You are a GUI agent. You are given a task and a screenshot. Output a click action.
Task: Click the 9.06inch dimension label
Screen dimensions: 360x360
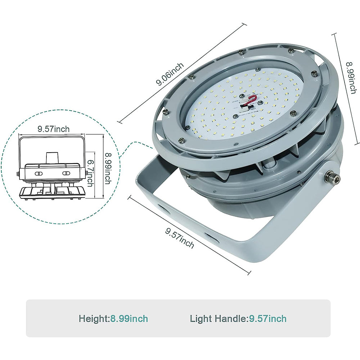tap(170, 74)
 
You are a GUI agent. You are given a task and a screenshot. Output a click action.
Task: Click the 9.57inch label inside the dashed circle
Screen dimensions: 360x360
tap(54, 129)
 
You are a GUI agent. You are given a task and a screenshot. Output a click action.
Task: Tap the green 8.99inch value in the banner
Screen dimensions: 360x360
tap(129, 319)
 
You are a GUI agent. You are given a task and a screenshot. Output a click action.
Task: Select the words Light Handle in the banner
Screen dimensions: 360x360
tap(218, 319)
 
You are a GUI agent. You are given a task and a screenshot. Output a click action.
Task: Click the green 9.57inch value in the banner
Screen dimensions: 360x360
tap(268, 319)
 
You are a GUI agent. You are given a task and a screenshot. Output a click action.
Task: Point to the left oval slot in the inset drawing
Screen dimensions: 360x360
tap(39, 173)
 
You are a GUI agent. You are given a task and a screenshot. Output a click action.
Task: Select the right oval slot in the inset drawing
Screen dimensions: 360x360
tap(67, 173)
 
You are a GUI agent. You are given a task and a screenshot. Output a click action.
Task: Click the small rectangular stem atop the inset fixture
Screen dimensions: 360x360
tap(50, 158)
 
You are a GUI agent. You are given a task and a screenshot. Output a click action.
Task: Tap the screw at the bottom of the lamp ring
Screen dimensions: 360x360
tap(182, 140)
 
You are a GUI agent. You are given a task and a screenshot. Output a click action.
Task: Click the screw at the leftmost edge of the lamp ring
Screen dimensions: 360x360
tap(165, 112)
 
